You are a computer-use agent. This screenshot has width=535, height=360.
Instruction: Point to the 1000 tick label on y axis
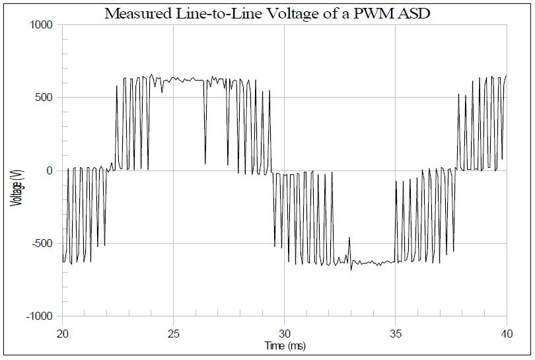tap(42, 25)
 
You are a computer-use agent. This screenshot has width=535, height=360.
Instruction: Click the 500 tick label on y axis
tap(46, 98)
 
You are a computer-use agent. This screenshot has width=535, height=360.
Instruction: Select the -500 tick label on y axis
tap(43, 244)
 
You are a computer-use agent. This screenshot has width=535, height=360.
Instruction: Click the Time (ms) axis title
tap(284, 345)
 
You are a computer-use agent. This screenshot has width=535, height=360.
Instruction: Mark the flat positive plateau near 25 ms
tap(178, 79)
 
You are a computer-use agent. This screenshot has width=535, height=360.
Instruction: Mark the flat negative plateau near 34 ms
tap(373, 263)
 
